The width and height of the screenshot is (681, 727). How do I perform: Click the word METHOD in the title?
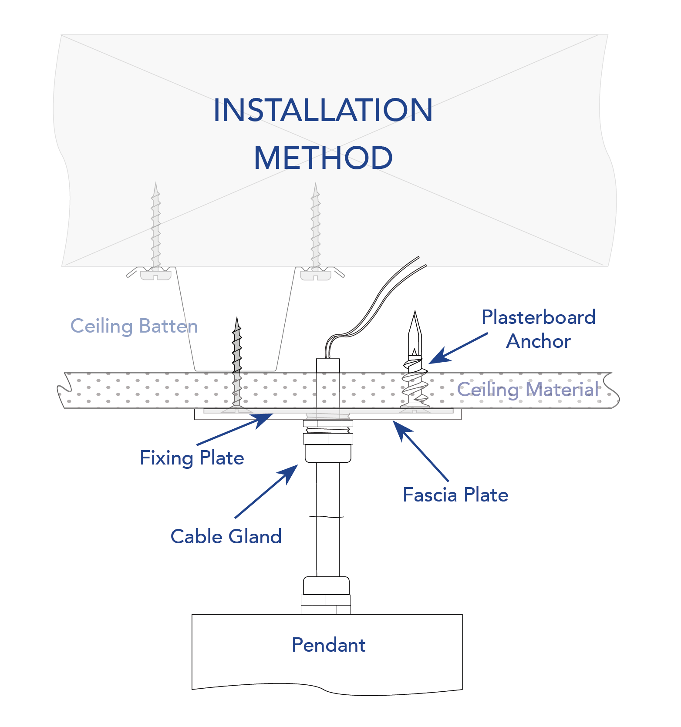click(323, 158)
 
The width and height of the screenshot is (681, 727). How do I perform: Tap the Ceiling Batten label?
click(134, 326)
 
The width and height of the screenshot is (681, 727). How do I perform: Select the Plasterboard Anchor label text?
click(538, 329)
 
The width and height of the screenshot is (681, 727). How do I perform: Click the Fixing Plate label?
click(192, 458)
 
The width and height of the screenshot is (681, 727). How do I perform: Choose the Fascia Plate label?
click(455, 495)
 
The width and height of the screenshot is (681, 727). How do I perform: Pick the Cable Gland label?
click(226, 536)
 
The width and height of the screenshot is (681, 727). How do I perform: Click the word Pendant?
click(328, 645)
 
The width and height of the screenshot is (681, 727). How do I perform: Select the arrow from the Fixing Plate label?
click(235, 429)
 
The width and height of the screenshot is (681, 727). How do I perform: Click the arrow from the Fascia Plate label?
click(420, 451)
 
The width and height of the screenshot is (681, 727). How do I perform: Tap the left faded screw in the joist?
click(156, 226)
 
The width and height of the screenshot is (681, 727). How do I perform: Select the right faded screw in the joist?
click(316, 226)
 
